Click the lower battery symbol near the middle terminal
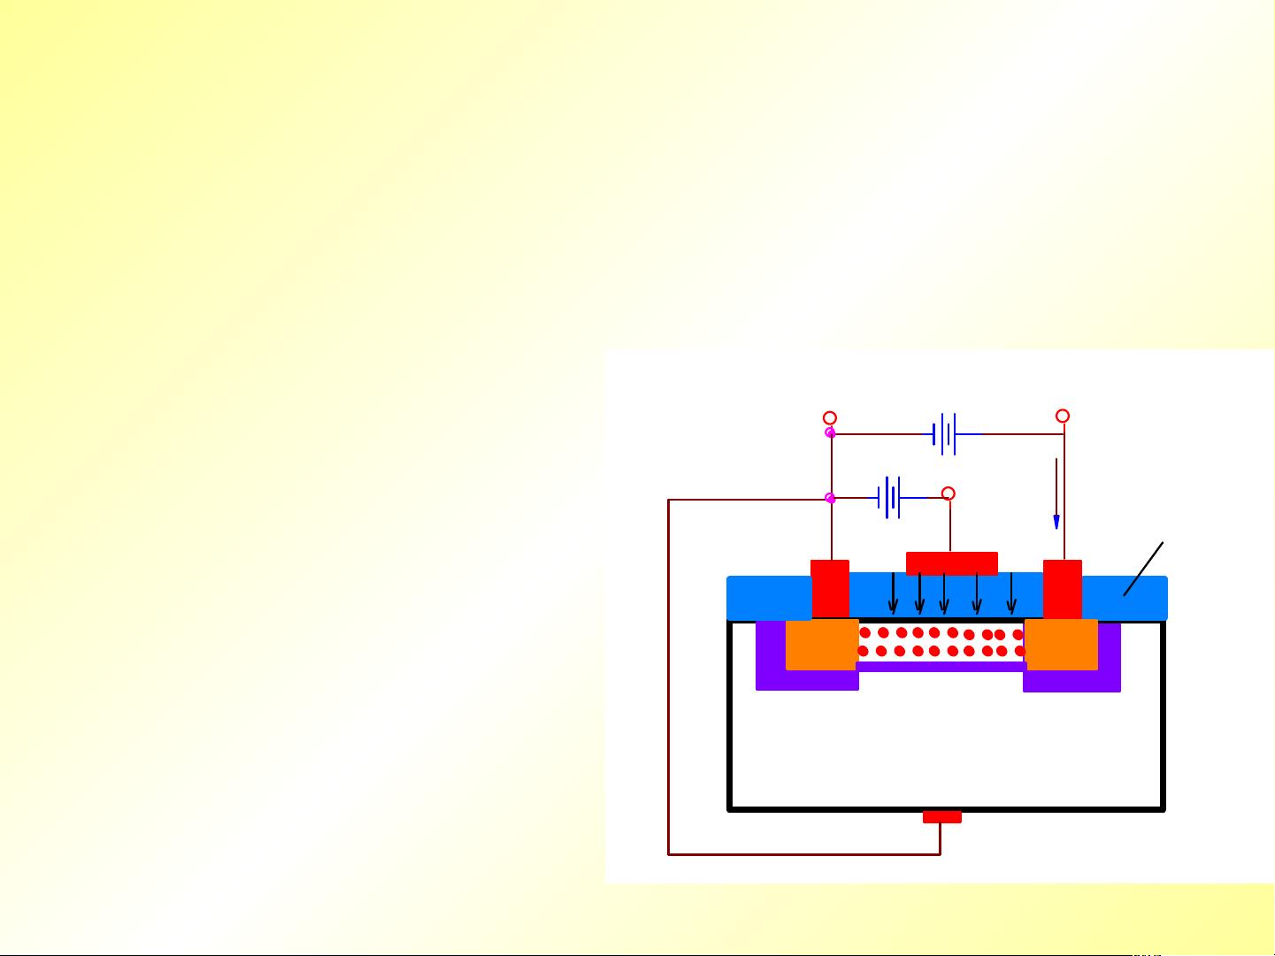(890, 498)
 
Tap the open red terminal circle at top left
(830, 417)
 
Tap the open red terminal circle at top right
(1063, 416)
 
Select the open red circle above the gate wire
(949, 493)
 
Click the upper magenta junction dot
(830, 432)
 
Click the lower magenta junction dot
(830, 499)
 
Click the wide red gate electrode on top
(952, 563)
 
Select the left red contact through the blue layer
(830, 589)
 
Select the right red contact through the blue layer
(1063, 589)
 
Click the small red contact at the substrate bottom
(941, 817)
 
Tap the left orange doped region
(821, 645)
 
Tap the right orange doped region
(1061, 645)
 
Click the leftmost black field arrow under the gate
(894, 593)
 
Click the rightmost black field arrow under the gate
(1011, 593)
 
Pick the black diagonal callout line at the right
(1143, 569)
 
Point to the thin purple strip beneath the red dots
(941, 667)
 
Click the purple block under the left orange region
(807, 681)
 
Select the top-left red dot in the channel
(865, 632)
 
